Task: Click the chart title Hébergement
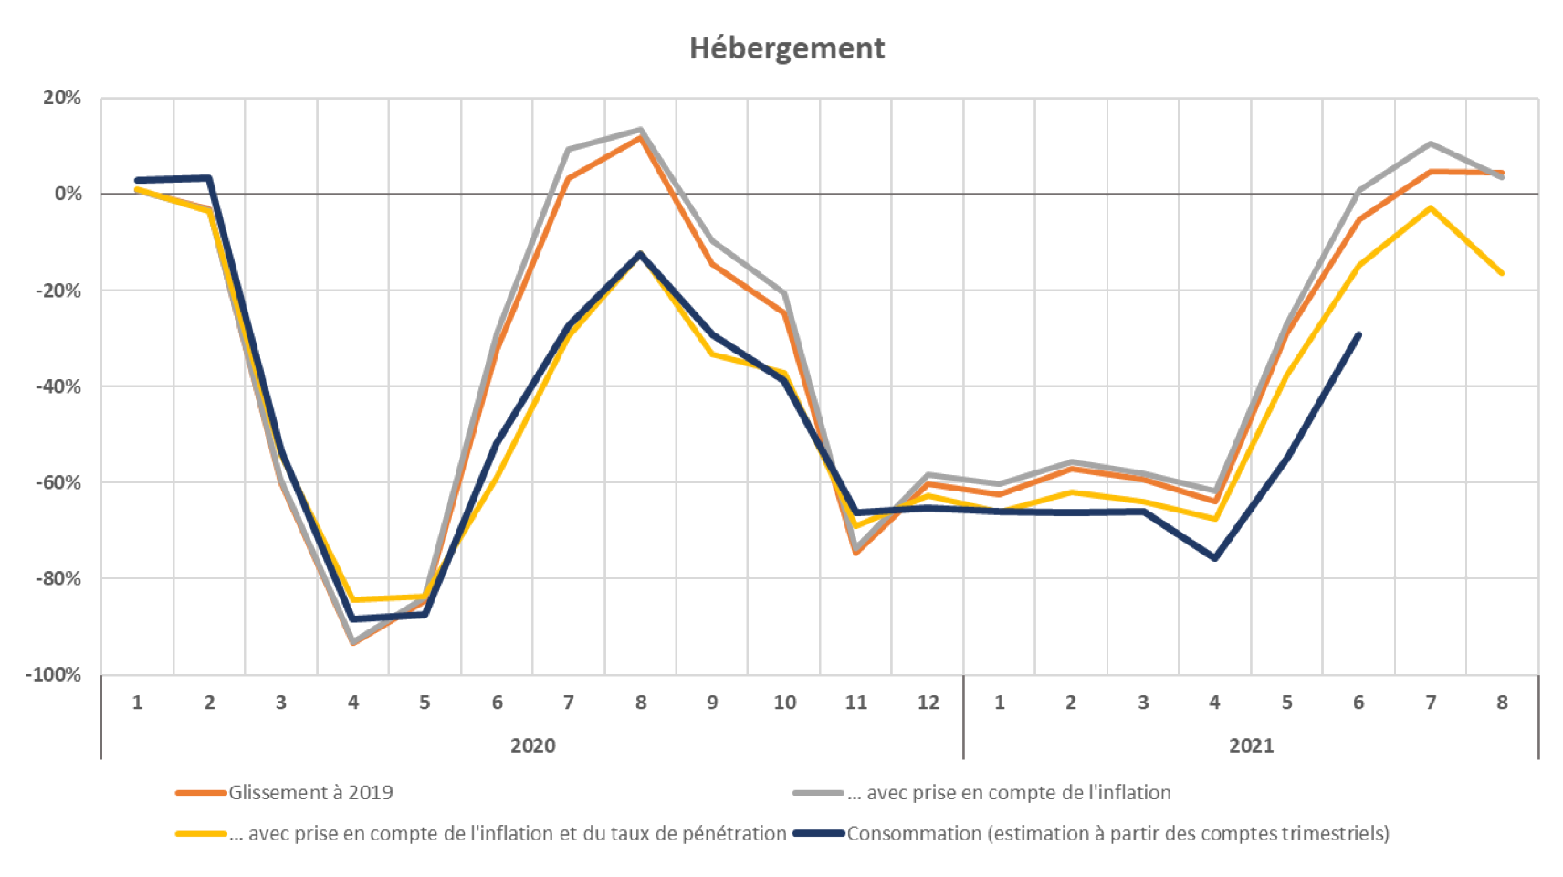[x=787, y=48]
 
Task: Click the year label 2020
[x=532, y=745]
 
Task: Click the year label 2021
[x=1251, y=745]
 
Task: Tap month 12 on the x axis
[x=928, y=703]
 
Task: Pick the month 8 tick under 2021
[x=1503, y=703]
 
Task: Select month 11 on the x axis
[x=855, y=703]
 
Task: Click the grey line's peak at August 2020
[x=640, y=129]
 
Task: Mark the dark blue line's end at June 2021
[x=1359, y=334]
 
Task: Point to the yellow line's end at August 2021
[x=1503, y=274]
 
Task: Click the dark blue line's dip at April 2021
[x=1215, y=558]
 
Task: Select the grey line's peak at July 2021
[x=1431, y=143]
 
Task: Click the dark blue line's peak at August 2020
[x=640, y=253]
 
